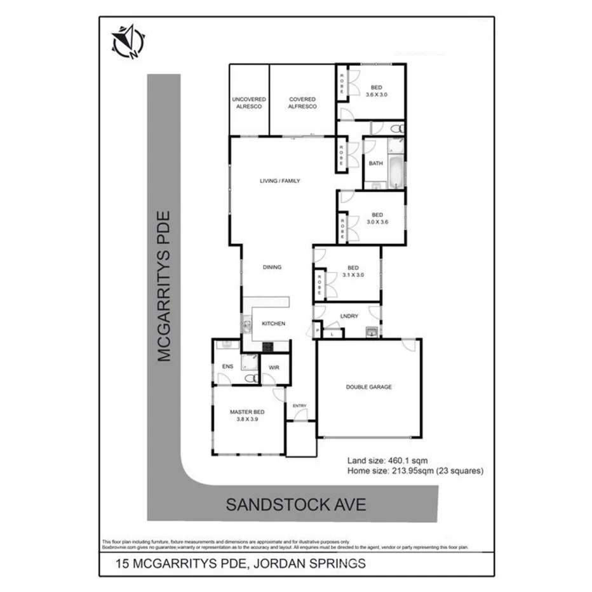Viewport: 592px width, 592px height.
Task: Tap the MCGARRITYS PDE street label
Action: click(165, 287)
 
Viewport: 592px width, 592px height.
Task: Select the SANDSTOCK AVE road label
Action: click(296, 505)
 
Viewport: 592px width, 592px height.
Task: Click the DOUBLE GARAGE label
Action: click(368, 387)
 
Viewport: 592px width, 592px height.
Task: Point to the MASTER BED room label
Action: click(248, 415)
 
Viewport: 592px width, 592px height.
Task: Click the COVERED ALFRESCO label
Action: click(302, 103)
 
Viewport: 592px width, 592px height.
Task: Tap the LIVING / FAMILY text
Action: click(279, 181)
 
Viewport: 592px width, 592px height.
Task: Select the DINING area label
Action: click(272, 267)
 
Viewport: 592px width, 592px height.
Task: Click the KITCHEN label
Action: click(274, 324)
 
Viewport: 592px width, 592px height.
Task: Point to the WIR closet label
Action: click(274, 368)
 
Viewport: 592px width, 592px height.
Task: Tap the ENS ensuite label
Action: click(227, 367)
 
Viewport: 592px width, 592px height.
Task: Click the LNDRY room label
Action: click(349, 316)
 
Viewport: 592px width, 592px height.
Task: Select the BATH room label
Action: click(376, 164)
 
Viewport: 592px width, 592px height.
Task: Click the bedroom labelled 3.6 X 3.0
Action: click(376, 91)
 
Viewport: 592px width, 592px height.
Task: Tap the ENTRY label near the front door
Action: click(299, 406)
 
